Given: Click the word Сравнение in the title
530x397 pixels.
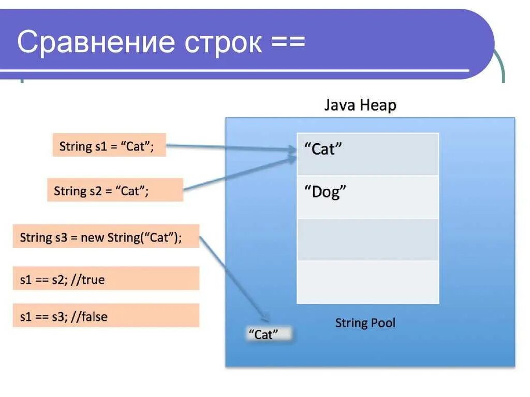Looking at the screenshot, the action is [x=94, y=42].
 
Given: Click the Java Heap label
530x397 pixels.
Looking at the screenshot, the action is [x=360, y=105].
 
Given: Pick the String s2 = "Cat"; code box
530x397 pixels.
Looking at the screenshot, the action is [x=115, y=190].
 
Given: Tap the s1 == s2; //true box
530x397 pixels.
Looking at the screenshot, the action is [x=106, y=279].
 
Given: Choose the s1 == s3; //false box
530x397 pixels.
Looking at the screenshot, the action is [x=106, y=316].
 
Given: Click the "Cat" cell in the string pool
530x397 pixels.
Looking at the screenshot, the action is [x=367, y=154].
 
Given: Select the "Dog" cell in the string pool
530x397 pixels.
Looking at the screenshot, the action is [x=367, y=197].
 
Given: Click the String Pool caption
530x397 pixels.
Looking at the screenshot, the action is [x=365, y=323].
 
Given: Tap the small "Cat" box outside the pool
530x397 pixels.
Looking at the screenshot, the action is [x=267, y=334].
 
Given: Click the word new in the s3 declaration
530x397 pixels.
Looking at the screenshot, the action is [x=92, y=238].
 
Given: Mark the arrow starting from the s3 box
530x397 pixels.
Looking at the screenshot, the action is [x=233, y=279].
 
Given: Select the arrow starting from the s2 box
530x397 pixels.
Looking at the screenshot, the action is [x=238, y=175].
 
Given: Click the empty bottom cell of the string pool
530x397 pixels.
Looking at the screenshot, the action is [x=367, y=282].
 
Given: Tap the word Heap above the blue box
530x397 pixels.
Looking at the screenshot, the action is [x=379, y=106].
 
